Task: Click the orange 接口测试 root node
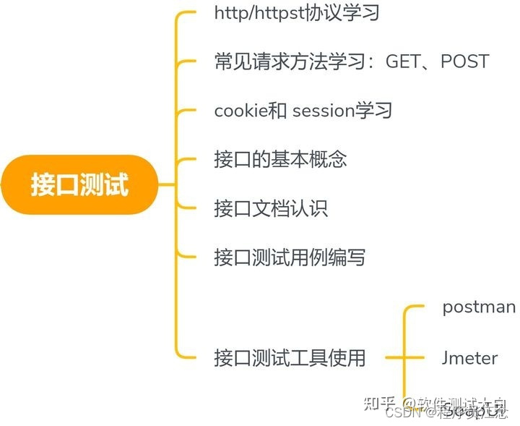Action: [79, 184]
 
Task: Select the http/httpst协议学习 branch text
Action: [297, 14]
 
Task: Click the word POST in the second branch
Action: [464, 61]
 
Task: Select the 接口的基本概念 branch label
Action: [281, 159]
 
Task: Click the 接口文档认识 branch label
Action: [271, 208]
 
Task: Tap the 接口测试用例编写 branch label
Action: [290, 257]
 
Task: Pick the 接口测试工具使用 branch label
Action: [290, 357]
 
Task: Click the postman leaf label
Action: [479, 307]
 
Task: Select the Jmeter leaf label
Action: [469, 357]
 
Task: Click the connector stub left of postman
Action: [416, 307]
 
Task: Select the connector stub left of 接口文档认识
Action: [187, 208]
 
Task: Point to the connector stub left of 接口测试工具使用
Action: [188, 357]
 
